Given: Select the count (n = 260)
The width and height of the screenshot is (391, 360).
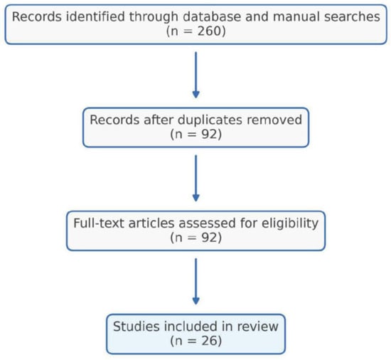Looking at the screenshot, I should coord(195,33).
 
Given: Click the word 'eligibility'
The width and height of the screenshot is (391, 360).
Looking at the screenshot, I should coord(289,221).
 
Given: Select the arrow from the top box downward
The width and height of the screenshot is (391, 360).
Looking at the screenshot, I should coord(195,74).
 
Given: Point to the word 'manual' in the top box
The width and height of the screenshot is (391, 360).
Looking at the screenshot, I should coord(284,16).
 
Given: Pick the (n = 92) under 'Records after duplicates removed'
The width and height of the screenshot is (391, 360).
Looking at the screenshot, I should coord(195,134).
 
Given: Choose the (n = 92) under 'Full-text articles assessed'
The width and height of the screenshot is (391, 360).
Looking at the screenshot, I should coord(195,237).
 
